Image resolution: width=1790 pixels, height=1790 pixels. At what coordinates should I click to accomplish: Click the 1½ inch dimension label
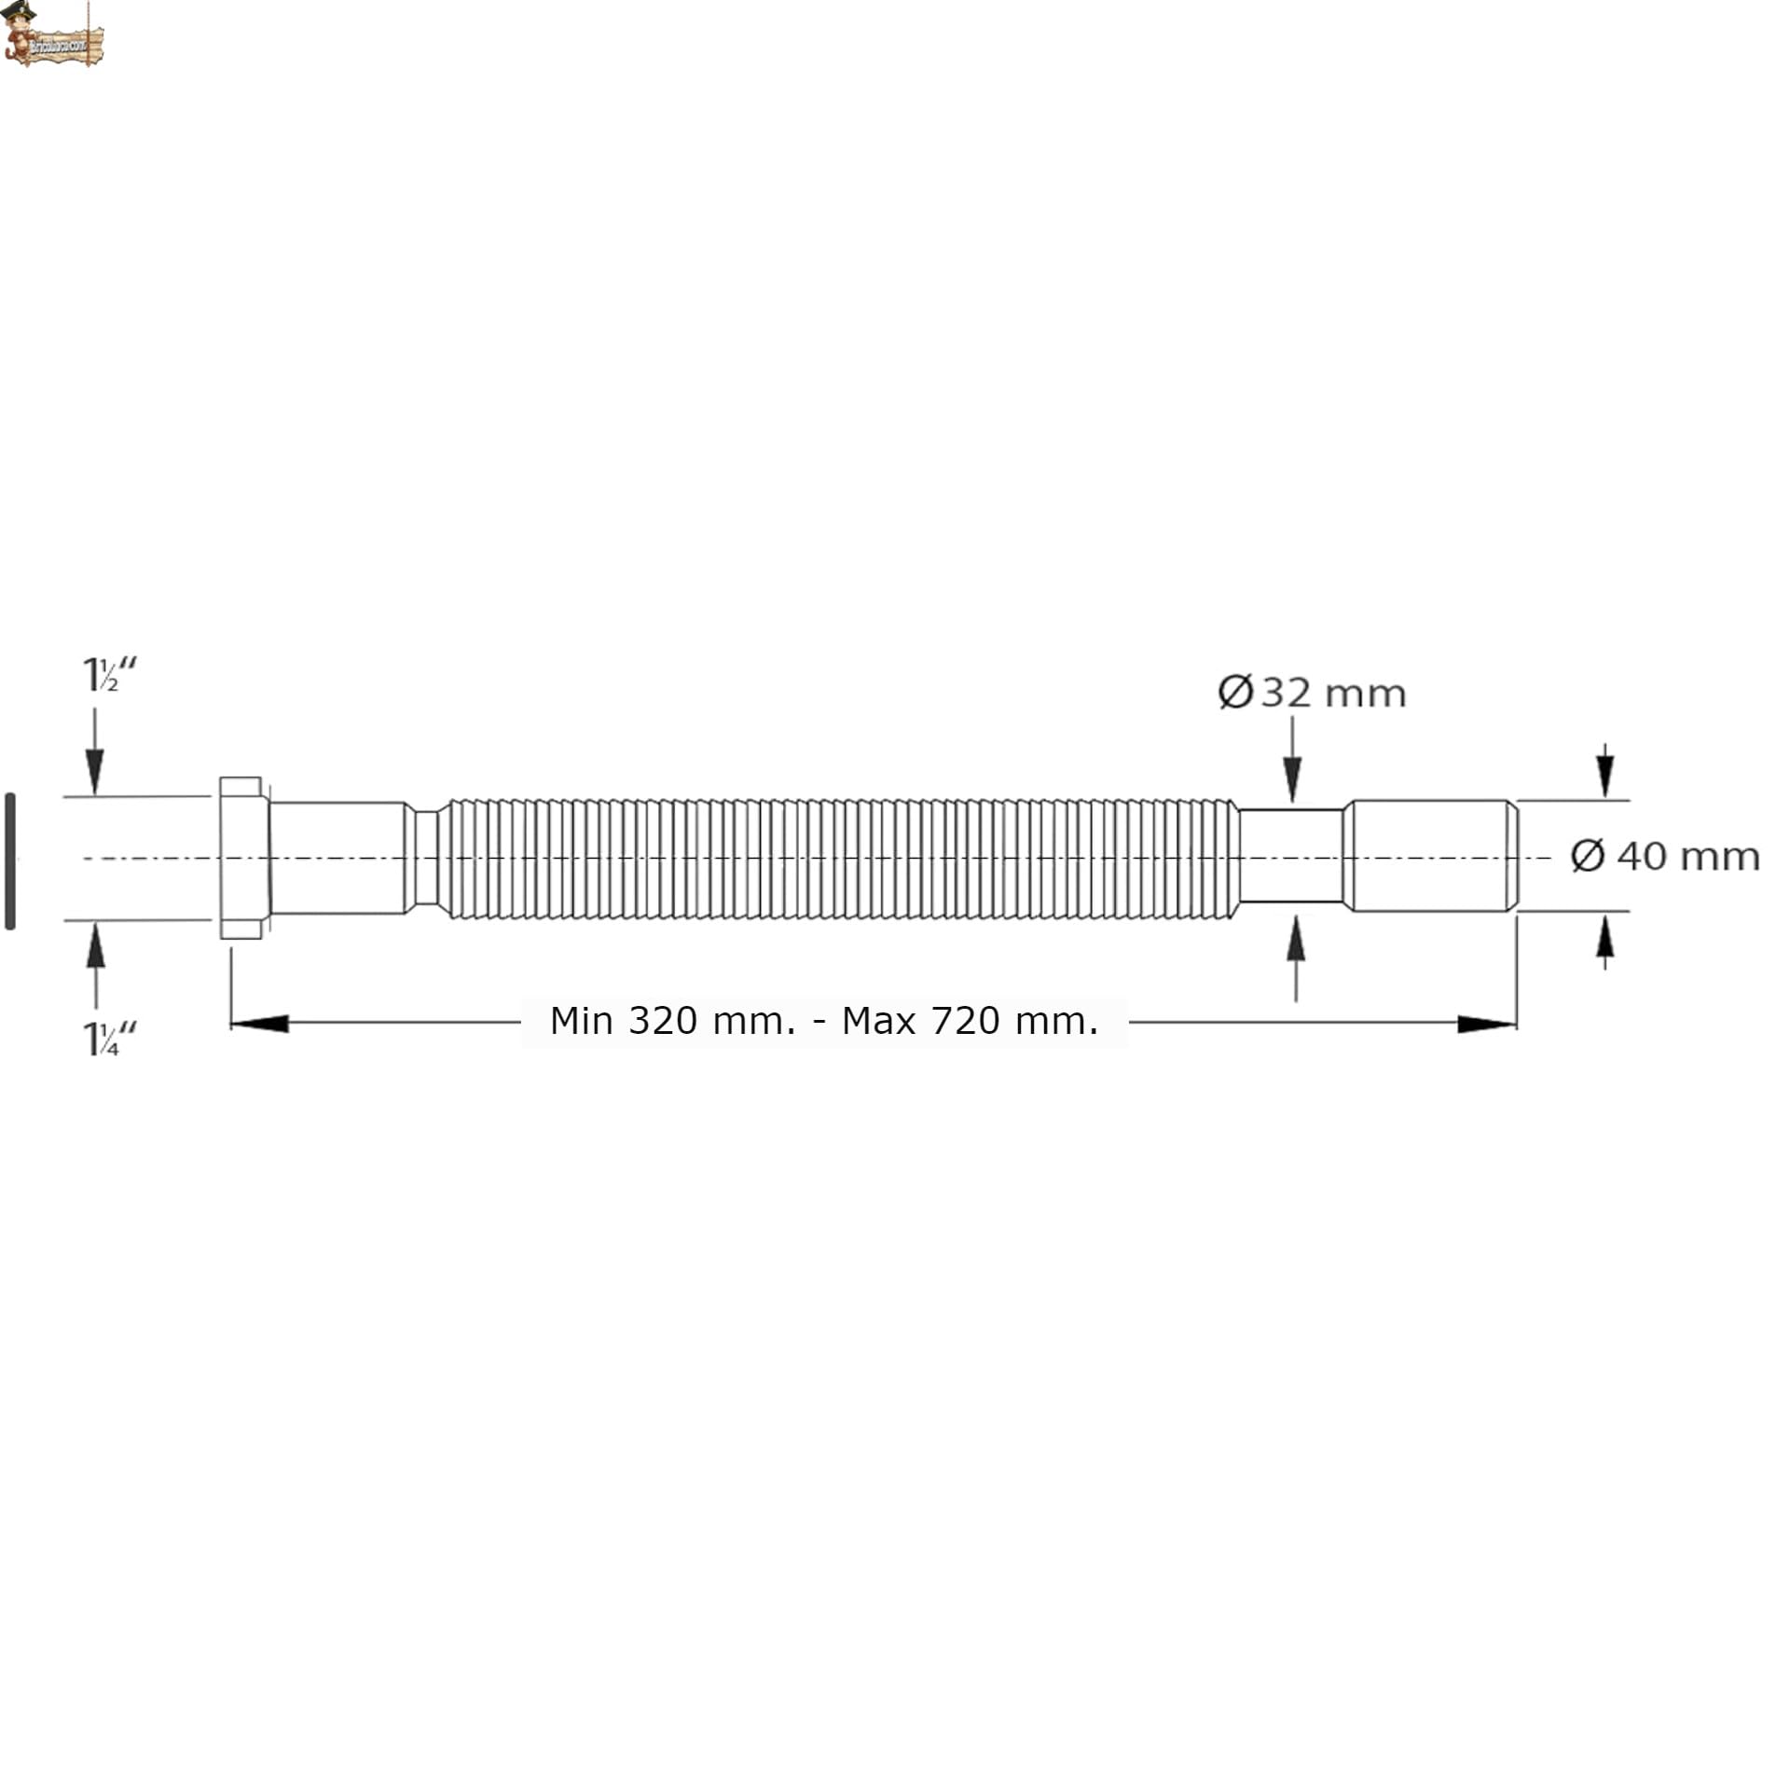point(109,675)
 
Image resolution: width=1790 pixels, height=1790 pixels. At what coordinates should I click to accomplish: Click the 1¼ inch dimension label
point(109,1039)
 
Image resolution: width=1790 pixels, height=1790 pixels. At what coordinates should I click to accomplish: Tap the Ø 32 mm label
point(1311,694)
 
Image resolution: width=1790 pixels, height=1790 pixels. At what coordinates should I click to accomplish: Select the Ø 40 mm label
point(1664,856)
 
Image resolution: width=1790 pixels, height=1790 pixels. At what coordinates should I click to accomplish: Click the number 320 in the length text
point(662,1021)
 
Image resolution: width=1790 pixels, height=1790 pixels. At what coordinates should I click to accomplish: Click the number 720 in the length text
point(966,1021)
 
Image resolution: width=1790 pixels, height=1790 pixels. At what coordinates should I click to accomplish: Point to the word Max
point(880,1021)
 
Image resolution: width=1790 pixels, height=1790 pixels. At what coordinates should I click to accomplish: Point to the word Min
point(581,1021)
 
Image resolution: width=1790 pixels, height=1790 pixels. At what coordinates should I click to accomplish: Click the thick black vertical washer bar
point(10,861)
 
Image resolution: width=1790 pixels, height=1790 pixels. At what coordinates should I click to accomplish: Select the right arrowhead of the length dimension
point(1486,1024)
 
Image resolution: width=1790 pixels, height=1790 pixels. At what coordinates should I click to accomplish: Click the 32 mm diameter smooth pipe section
point(1291,856)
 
